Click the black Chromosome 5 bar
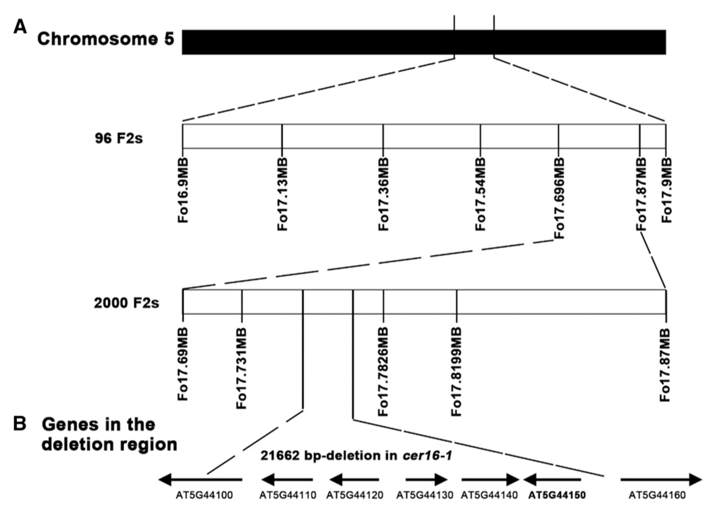[423, 42]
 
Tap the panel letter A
[20, 26]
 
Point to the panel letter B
[20, 424]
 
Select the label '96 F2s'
[118, 138]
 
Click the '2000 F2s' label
[126, 303]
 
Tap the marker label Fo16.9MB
[183, 190]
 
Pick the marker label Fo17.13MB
[283, 194]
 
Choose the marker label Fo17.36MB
[384, 194]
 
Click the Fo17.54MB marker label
[480, 194]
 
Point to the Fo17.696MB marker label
[559, 197]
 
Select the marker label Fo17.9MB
[667, 190]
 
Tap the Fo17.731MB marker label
[242, 368]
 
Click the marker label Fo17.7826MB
[384, 371]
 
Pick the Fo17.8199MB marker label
[457, 371]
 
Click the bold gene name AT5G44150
[557, 496]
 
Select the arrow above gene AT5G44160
[661, 480]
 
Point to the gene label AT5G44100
[204, 496]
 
